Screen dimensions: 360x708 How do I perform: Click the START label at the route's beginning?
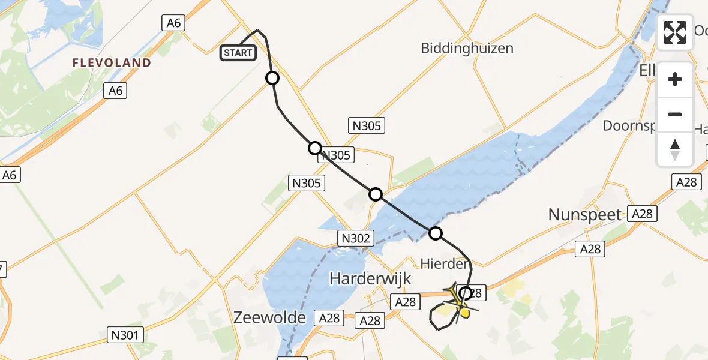tap(238, 53)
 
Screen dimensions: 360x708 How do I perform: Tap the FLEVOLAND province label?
tap(112, 62)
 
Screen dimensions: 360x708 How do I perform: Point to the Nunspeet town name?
tap(585, 215)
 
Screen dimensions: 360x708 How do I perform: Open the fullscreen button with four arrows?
tap(675, 32)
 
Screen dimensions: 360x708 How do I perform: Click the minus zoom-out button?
tap(675, 114)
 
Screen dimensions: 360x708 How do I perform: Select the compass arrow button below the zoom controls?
tap(675, 149)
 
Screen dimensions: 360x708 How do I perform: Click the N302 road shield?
tap(355, 238)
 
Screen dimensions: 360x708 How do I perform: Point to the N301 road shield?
tap(125, 334)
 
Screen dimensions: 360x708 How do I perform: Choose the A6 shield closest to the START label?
tap(173, 23)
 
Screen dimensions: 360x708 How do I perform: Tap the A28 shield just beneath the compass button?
tap(686, 182)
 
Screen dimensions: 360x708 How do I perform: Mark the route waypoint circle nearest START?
tap(272, 78)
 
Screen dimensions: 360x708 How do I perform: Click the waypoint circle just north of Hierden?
tap(435, 233)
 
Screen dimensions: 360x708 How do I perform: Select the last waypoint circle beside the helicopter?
tap(466, 293)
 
